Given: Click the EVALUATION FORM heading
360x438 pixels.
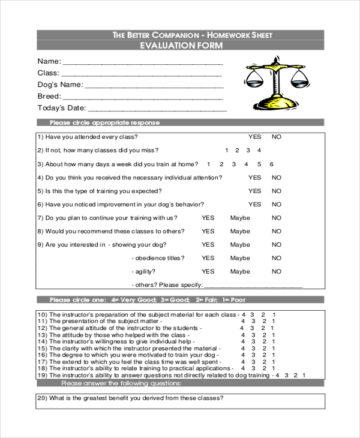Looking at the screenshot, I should (180, 46).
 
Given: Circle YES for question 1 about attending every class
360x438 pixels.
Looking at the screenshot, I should (255, 137).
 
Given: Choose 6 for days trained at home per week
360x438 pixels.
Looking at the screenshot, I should (272, 164).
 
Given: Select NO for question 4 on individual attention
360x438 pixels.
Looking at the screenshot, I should (276, 178).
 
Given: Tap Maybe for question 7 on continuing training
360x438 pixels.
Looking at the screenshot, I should (240, 218).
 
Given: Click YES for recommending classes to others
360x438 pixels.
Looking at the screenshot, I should (208, 231).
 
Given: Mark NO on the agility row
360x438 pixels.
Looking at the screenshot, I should (276, 271).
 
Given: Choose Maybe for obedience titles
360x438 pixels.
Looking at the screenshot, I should (240, 258).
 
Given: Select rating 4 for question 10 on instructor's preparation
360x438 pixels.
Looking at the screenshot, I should (243, 314).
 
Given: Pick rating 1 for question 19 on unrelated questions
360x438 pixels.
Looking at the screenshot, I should (304, 375).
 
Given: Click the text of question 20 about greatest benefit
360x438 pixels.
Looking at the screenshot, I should (131, 398).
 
